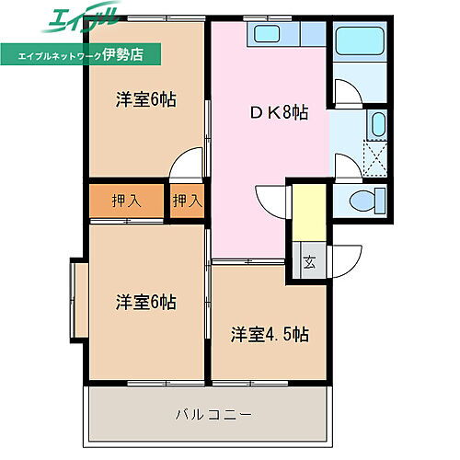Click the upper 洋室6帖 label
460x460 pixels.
pos(145,99)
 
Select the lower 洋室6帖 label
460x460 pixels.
pos(145,302)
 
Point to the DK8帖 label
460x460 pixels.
pos(278,113)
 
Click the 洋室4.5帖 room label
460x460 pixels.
pos(270,333)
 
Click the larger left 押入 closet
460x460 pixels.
pos(127,201)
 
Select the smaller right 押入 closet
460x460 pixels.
pos(187,201)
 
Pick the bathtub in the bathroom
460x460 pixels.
pos(361,43)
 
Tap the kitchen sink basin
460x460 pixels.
pos(268,35)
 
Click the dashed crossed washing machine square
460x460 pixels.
pos(375,155)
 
